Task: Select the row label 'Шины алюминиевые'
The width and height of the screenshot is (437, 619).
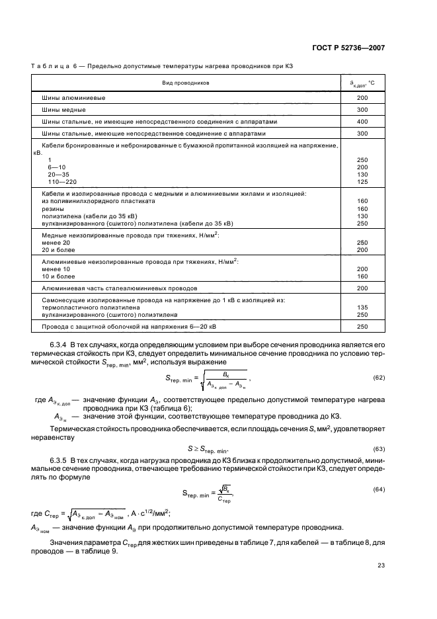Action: [x=74, y=98]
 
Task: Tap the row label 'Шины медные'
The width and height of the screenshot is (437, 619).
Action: [x=64, y=110]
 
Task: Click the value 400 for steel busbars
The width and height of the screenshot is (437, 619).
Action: [x=362, y=122]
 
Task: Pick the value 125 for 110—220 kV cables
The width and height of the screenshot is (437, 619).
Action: [x=362, y=181]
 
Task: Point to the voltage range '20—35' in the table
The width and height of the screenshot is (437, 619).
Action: [x=58, y=175]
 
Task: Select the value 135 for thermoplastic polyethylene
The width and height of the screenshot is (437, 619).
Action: [x=362, y=308]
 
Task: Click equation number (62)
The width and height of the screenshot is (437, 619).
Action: [x=379, y=378]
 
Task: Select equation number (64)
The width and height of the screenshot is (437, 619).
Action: [x=379, y=489]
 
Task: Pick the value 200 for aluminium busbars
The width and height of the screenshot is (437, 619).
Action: [x=362, y=98]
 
